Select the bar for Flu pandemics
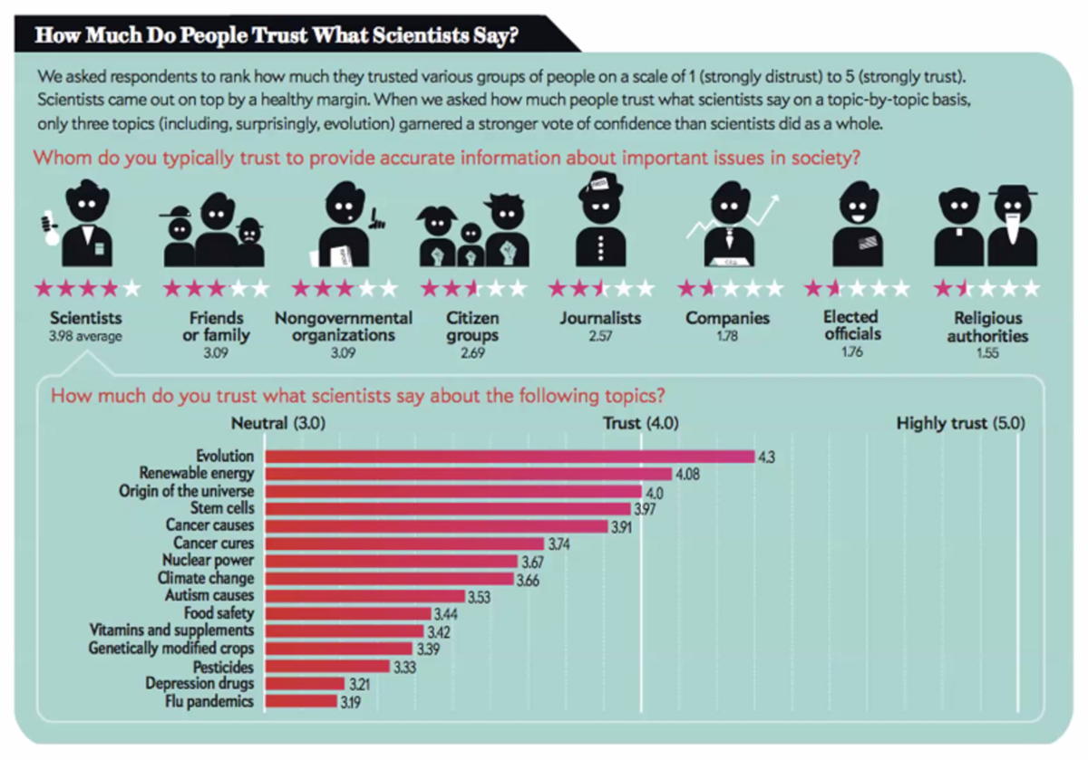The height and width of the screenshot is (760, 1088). coord(299,701)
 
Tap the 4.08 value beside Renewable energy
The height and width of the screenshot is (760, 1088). coord(685,473)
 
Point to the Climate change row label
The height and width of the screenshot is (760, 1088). coord(206,578)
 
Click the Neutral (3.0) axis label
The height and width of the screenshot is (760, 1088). coord(278,423)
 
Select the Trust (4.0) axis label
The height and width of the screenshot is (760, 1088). coord(641,423)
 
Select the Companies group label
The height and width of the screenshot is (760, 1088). coord(728,318)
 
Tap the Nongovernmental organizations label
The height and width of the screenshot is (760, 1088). coord(343,326)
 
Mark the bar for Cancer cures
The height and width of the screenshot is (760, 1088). coord(403,544)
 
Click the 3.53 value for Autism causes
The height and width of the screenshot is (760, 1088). coord(478,596)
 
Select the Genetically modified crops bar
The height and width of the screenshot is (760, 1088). coord(337,649)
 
